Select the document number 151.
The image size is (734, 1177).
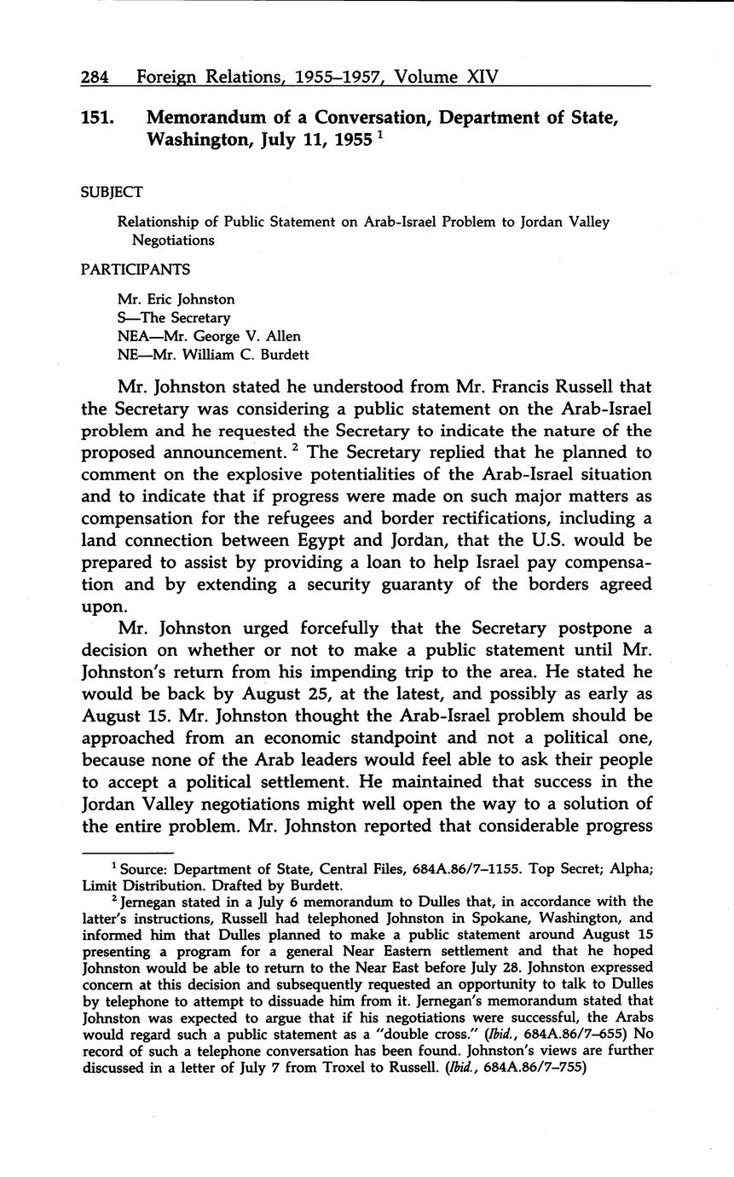[x=98, y=119]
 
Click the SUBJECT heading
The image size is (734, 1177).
[x=112, y=192]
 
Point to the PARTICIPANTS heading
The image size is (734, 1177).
[x=136, y=269]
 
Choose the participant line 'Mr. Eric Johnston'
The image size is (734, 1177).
[x=176, y=299]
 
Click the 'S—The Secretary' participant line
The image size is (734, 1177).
[x=174, y=317]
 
